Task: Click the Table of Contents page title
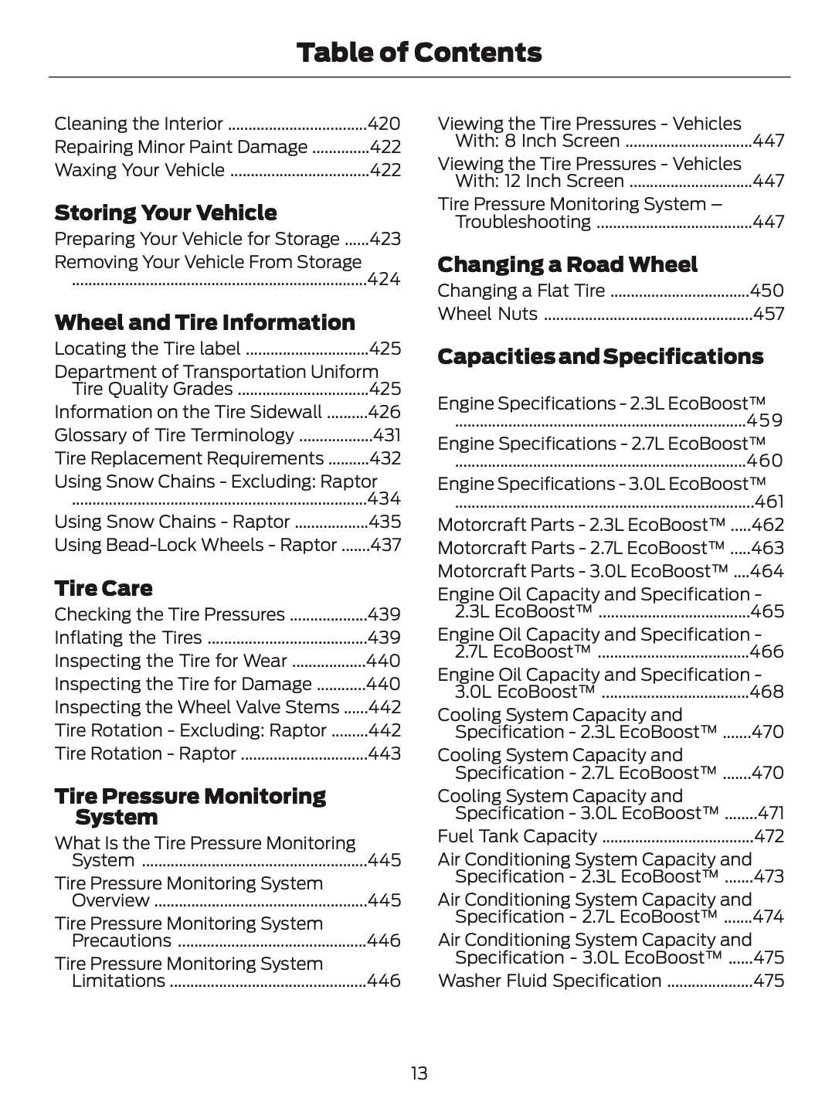tap(419, 53)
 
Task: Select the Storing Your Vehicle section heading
tap(165, 213)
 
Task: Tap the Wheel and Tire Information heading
tap(205, 322)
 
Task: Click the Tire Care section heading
tap(103, 588)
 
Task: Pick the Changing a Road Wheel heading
tap(567, 264)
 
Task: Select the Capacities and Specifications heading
tap(600, 356)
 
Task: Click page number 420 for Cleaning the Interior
tap(384, 124)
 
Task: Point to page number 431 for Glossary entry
tap(386, 435)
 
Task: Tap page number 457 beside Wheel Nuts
tap(768, 314)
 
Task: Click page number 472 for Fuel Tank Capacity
tap(769, 836)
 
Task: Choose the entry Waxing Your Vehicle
tap(139, 170)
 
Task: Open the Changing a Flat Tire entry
tap(521, 291)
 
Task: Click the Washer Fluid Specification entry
tap(549, 981)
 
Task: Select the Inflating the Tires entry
tap(127, 638)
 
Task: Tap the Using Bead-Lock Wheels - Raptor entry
tap(195, 545)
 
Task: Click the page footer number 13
tap(419, 1073)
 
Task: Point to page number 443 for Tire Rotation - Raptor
tap(384, 753)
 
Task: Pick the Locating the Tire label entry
tap(147, 349)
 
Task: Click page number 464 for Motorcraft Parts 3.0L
tap(767, 571)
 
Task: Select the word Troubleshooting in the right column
tap(523, 222)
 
